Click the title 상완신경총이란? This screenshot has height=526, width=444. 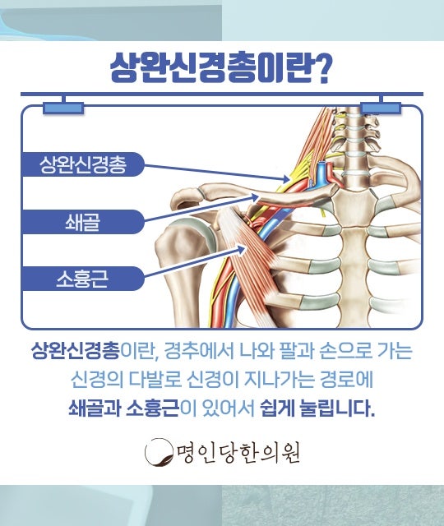220,69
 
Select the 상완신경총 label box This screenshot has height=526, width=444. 83,164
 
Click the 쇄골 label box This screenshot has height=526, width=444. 83,222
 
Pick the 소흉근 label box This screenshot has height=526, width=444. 83,279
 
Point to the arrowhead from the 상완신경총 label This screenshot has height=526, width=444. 285,179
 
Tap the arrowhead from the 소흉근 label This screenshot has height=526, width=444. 243,249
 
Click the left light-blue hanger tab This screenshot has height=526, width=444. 63,108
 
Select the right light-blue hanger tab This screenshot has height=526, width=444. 381,108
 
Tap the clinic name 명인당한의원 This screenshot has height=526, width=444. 239,452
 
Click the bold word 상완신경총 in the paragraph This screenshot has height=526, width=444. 76,351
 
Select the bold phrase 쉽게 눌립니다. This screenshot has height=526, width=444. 317,408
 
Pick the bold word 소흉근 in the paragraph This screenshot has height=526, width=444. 153,408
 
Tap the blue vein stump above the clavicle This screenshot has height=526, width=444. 322,170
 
